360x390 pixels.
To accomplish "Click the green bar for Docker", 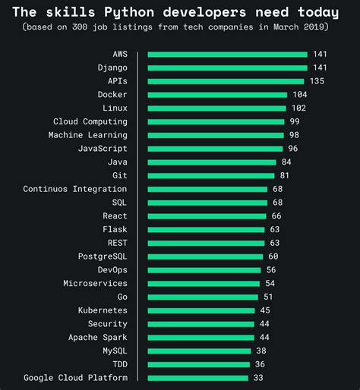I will click(x=217, y=95).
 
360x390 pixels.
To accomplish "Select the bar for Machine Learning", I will click(x=215, y=135).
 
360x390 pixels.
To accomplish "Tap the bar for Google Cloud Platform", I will click(x=197, y=378).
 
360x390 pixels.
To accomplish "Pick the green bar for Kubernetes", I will click(x=201, y=310).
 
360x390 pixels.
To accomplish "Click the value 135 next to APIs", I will click(x=316, y=81).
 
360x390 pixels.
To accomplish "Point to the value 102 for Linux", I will click(x=298, y=109).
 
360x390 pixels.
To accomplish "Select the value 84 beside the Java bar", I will click(x=286, y=162).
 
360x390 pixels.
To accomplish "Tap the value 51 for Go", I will click(x=268, y=297).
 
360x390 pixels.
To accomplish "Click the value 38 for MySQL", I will click(x=261, y=351).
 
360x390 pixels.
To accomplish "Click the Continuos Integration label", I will click(x=75, y=189).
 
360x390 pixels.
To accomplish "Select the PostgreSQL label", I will click(x=103, y=256).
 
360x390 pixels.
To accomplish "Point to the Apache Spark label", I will click(x=98, y=337).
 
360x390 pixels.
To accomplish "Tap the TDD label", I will click(x=119, y=364).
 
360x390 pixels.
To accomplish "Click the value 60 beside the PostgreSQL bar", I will click(x=273, y=256).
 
